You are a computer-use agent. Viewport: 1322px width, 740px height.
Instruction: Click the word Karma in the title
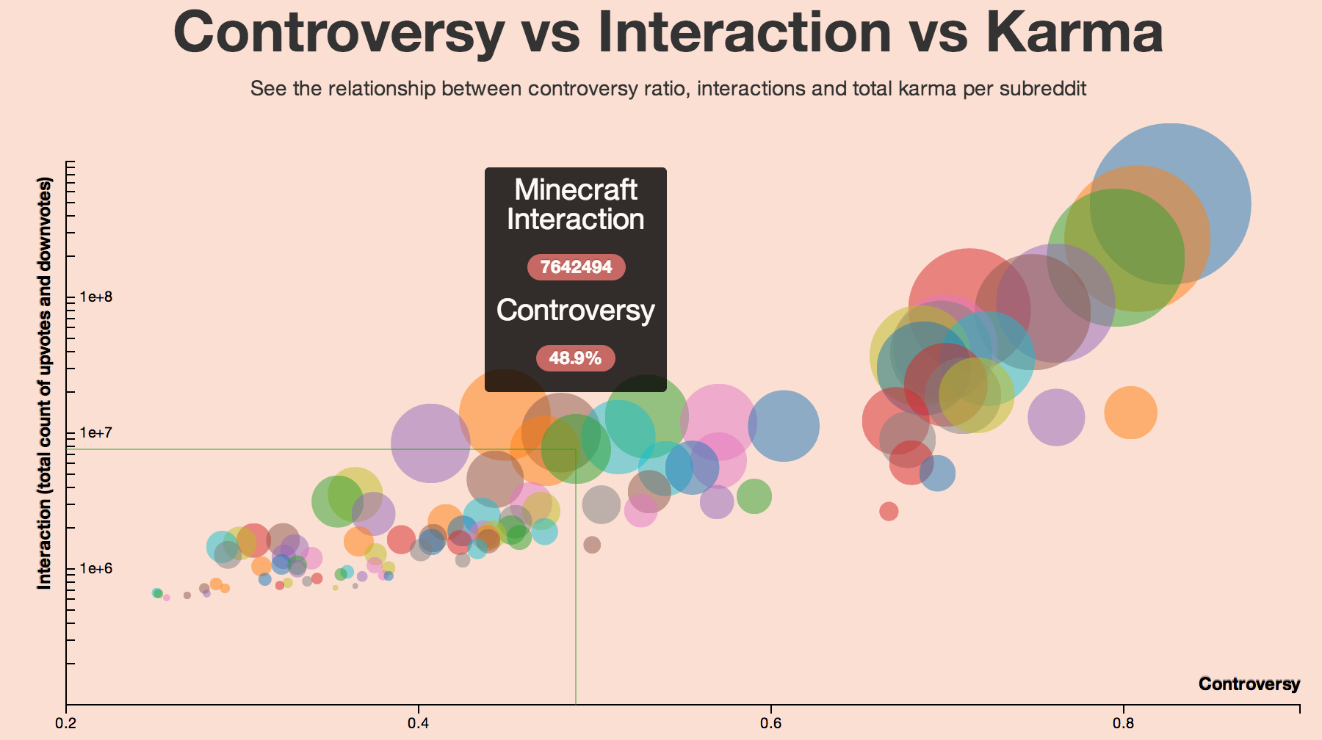tap(1074, 32)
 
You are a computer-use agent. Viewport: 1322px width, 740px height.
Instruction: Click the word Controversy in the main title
tap(339, 32)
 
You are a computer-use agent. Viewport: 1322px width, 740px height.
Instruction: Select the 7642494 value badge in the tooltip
tap(576, 267)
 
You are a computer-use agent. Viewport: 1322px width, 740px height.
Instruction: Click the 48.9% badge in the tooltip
tap(575, 358)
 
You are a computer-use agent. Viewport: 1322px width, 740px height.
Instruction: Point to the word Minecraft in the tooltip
tap(576, 190)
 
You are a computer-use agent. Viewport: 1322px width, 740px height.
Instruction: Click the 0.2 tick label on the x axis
tap(66, 723)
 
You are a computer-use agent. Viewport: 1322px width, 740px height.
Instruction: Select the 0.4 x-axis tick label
tap(419, 723)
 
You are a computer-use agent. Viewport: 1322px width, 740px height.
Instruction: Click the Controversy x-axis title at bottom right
tap(1249, 684)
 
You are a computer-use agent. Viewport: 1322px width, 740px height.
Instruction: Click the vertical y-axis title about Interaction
tap(45, 382)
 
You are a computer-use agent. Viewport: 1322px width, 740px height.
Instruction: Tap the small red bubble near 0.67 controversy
tap(889, 511)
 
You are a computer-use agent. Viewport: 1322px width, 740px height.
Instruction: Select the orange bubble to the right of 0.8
tap(1131, 413)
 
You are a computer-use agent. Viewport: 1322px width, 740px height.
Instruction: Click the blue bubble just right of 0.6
tap(784, 426)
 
